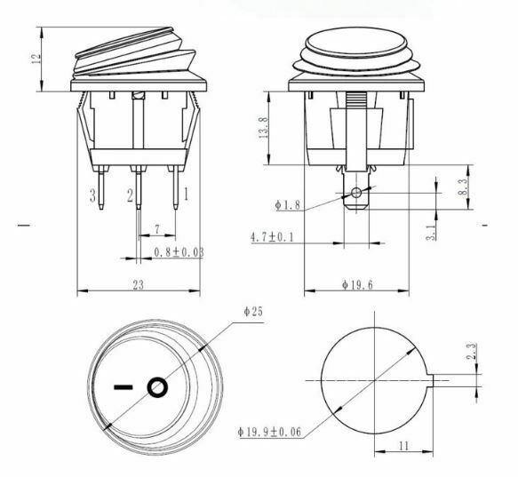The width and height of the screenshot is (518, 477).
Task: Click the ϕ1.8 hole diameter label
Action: tap(290, 205)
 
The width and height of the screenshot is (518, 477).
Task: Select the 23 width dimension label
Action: tap(139, 283)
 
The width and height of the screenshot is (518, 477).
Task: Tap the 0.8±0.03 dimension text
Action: tap(179, 252)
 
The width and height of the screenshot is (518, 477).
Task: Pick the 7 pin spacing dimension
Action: tap(156, 230)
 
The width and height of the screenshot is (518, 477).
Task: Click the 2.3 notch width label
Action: tap(474, 352)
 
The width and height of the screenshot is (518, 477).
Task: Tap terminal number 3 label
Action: tap(92, 195)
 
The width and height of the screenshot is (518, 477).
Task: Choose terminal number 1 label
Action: tap(185, 193)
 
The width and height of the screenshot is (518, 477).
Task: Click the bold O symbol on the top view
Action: tap(156, 387)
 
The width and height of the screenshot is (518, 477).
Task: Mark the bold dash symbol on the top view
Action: tap(125, 387)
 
